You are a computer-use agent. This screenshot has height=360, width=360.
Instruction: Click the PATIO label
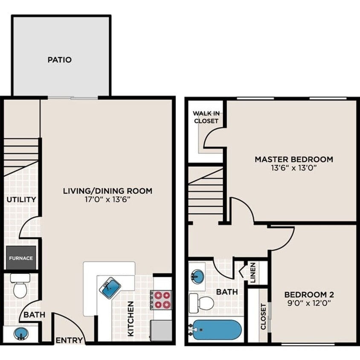[59, 60]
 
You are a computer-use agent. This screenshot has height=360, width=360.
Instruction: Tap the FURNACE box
[21, 258]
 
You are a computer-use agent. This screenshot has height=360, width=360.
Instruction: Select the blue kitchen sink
[110, 287]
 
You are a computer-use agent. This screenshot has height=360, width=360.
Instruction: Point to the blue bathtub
[216, 330]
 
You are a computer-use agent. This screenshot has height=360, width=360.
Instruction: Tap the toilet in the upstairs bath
[202, 302]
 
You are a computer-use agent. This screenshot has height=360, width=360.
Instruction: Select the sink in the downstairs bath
[20, 334]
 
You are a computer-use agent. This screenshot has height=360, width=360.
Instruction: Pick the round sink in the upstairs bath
[197, 276]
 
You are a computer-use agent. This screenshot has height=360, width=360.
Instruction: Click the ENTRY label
[67, 340]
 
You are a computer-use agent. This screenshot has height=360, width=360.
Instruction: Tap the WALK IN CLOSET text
[206, 117]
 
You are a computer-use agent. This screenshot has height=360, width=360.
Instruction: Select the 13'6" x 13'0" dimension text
[293, 168]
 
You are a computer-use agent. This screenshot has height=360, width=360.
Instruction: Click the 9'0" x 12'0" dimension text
[309, 303]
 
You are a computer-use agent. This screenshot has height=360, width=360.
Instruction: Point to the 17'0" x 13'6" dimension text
[107, 199]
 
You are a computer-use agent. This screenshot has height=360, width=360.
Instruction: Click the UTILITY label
[21, 199]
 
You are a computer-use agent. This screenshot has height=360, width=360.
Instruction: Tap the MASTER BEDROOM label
[293, 159]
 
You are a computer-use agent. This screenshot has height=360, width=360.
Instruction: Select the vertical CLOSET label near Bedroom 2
[263, 316]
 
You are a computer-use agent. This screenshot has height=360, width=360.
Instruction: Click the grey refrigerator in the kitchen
[162, 330]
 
